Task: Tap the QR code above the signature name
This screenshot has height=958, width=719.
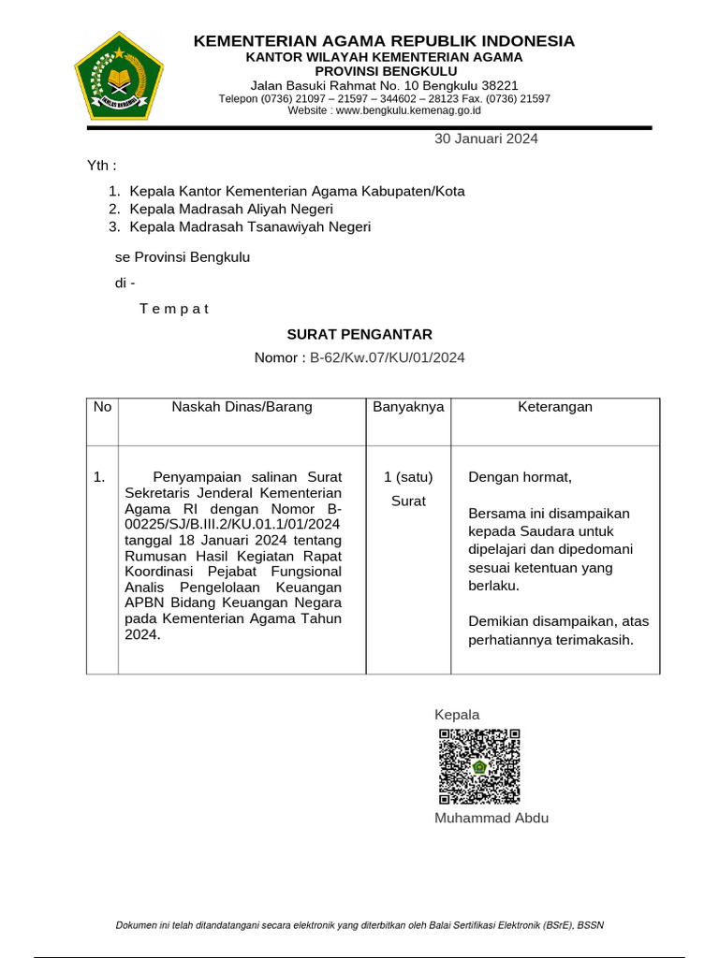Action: pos(478,766)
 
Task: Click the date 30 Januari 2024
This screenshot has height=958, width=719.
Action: pos(485,139)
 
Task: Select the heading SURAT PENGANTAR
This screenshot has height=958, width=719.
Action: pos(359,334)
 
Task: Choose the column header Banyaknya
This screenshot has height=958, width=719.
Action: pos(408,407)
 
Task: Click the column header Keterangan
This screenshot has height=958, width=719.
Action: pos(555,407)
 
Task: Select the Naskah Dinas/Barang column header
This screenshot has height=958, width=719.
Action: pos(242,407)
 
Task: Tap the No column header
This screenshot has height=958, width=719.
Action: pos(102,407)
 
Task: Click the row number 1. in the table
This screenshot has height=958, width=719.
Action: pos(99,478)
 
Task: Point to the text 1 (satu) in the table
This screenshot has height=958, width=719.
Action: pos(408,478)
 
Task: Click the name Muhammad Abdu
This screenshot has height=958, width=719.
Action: pos(492,819)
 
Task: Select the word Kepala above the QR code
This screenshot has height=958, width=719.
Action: pos(457,715)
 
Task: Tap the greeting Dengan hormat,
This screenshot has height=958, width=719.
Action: pos(520,478)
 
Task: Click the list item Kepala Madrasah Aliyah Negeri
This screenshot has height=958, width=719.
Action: pos(231,209)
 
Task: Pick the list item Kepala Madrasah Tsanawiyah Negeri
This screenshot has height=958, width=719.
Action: pos(250,226)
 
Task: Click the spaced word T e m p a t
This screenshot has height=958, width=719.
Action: pos(174,309)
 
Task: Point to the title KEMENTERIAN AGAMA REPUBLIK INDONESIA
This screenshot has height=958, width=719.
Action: pos(384,41)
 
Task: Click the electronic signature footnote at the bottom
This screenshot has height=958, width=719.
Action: pos(359,926)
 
